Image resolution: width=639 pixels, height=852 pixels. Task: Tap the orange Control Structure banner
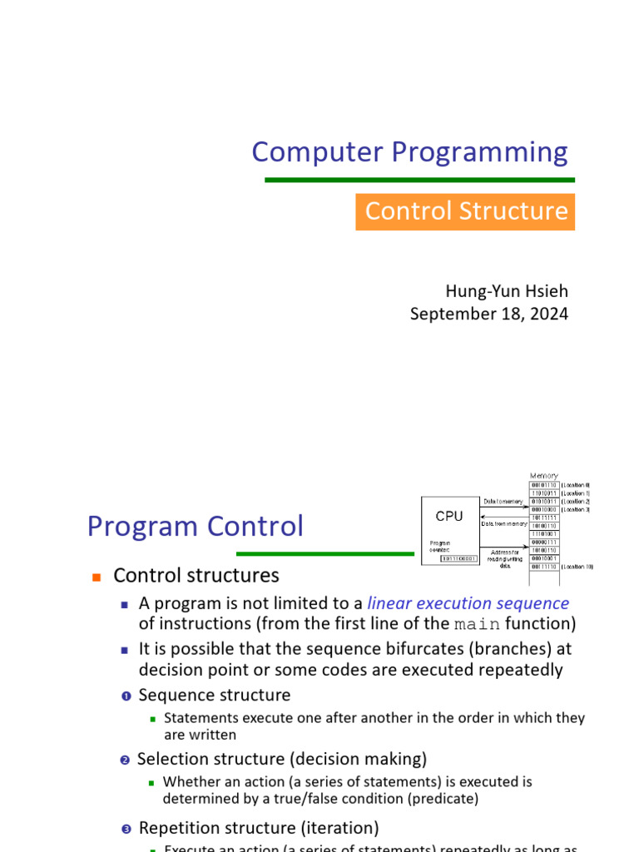(465, 211)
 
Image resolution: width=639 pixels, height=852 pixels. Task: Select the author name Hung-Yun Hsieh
(507, 291)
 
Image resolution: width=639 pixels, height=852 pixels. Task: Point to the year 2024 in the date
(549, 314)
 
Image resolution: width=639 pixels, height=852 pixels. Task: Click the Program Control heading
(196, 527)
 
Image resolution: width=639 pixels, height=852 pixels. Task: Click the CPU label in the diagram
(449, 516)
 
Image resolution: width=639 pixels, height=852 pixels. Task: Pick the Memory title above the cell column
(544, 475)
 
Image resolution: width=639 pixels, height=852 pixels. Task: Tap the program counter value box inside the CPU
(458, 558)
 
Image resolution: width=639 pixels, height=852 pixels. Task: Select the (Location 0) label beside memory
(576, 484)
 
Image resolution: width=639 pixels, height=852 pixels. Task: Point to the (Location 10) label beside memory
(577, 567)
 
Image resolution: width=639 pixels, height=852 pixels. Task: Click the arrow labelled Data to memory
(503, 507)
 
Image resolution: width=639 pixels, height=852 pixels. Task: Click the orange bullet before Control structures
(96, 577)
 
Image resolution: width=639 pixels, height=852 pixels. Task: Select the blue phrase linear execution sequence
(468, 603)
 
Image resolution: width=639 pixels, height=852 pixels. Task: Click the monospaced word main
(477, 624)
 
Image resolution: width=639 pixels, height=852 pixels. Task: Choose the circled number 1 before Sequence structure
(126, 696)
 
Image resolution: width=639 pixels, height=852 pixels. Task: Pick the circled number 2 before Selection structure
(125, 760)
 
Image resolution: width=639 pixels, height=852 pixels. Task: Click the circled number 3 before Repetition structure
(126, 829)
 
